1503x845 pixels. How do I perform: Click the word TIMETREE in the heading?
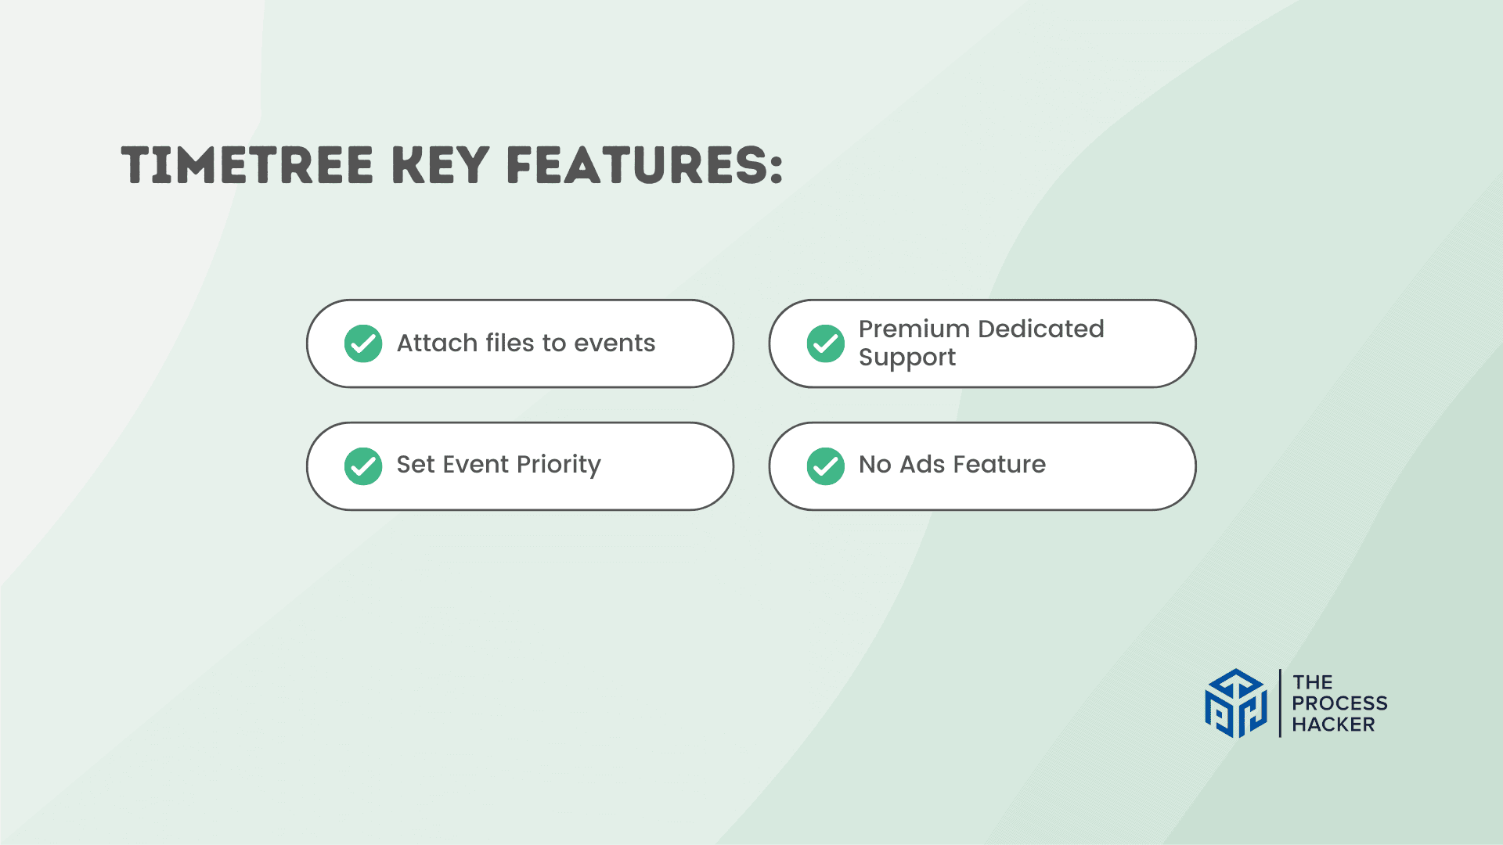coord(247,165)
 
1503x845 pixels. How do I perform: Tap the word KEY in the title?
coord(440,165)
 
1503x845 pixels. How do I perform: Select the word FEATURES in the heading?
coord(638,165)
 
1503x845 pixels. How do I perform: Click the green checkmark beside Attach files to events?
coord(363,343)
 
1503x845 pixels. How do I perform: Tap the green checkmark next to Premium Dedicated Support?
coord(826,343)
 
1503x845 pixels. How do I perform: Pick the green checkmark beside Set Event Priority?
coord(363,466)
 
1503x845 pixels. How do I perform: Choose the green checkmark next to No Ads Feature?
coord(826,466)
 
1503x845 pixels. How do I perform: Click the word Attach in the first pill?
coord(437,343)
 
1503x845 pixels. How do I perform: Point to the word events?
coord(615,343)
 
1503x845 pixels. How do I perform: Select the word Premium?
coord(914,329)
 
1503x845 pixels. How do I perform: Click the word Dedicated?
coord(1041,329)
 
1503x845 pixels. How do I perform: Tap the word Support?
coord(907,358)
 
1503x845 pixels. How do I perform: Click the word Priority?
coord(559,465)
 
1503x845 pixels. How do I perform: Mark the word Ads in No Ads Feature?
coord(922,465)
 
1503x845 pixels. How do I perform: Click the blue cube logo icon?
coord(1235,703)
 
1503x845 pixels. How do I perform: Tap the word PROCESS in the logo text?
coord(1339,703)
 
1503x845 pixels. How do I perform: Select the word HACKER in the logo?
coord(1333,725)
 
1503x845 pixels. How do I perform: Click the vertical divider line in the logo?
coord(1280,703)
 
